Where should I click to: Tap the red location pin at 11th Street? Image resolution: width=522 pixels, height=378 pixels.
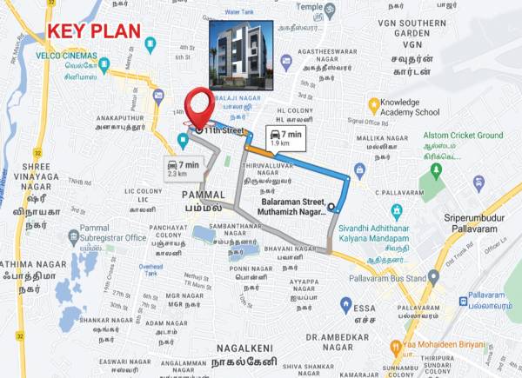[x=199, y=105]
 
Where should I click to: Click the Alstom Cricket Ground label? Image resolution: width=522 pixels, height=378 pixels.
[x=463, y=136]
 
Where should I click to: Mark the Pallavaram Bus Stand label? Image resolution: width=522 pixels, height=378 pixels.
[x=387, y=279]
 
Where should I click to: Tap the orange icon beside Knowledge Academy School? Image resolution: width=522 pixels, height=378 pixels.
[x=374, y=105]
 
